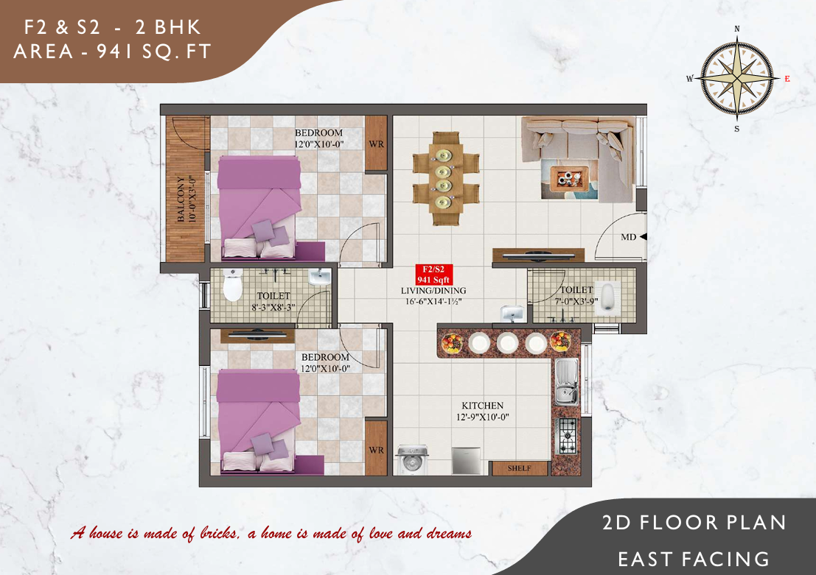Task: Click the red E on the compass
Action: coord(787,79)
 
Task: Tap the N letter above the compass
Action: coord(737,29)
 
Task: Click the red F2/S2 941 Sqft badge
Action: coord(433,275)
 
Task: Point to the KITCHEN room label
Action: coord(482,406)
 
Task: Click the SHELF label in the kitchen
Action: coord(520,468)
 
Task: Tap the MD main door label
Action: coord(629,237)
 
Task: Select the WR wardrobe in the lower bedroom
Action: coord(376,448)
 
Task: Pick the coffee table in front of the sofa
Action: coord(569,179)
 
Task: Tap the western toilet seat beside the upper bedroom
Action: coord(233,286)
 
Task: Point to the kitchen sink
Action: coord(566,381)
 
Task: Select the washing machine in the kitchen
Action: coord(412,459)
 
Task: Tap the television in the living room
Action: coord(539,255)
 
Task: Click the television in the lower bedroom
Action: coord(257,335)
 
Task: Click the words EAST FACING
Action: coord(694,560)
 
